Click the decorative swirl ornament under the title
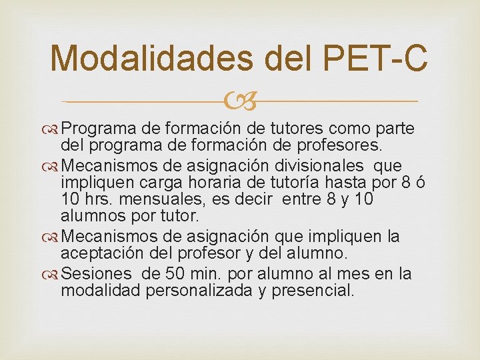coord(239,101)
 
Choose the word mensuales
coord(159,199)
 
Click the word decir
coord(251,199)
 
